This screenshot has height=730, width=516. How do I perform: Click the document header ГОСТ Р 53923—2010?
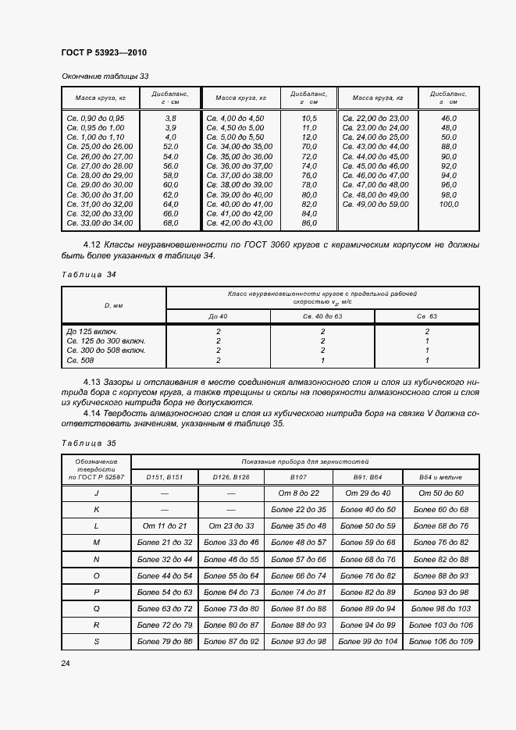pyautogui.click(x=104, y=52)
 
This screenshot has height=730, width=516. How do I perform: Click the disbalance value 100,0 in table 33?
pyautogui.click(x=448, y=205)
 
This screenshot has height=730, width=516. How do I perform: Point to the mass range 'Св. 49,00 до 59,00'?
pyautogui.click(x=375, y=205)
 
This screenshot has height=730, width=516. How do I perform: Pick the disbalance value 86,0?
pyautogui.click(x=308, y=223)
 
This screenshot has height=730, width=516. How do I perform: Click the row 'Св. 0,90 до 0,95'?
pyautogui.click(x=97, y=118)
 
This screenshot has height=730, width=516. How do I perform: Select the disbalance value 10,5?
pyautogui.click(x=308, y=118)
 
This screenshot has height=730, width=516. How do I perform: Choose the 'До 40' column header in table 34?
pyautogui.click(x=218, y=316)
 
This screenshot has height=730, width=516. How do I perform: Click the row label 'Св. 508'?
pyautogui.click(x=82, y=360)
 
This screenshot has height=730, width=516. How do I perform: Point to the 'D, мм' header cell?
pyautogui.click(x=113, y=305)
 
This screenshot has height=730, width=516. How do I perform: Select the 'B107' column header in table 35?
pyautogui.click(x=298, y=476)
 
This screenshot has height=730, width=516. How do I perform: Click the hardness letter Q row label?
pyautogui.click(x=96, y=607)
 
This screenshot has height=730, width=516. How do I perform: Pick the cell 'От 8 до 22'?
pyautogui.click(x=298, y=493)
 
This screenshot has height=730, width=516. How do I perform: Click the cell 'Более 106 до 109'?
pyautogui.click(x=441, y=640)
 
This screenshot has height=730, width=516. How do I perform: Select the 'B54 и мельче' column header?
pyautogui.click(x=441, y=476)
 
